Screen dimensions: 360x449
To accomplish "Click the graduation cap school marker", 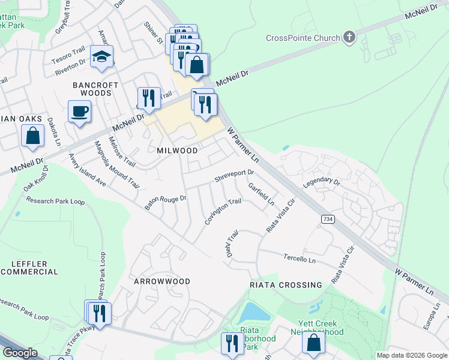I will click(x=102, y=57).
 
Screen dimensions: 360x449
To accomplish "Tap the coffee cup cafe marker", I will click(x=79, y=111).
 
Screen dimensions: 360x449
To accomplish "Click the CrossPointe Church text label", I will click(x=303, y=38).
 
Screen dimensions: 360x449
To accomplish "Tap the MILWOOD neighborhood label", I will click(x=177, y=150).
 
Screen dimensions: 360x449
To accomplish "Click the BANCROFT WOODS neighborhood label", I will click(x=92, y=89).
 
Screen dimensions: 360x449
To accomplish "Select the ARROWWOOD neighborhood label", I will click(x=162, y=281).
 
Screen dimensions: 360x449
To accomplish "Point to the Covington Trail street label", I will click(x=223, y=212).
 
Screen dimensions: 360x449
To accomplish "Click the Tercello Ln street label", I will click(x=300, y=258).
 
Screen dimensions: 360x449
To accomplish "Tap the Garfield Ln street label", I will click(x=261, y=193).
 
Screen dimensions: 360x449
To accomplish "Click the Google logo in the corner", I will click(x=19, y=353).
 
